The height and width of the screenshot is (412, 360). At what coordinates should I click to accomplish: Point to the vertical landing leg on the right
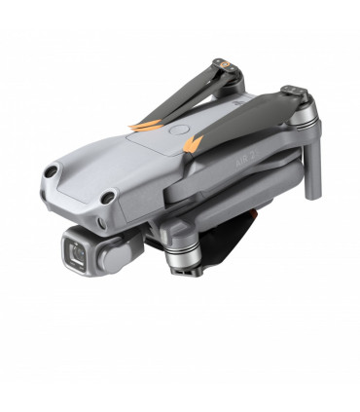click(310, 166)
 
